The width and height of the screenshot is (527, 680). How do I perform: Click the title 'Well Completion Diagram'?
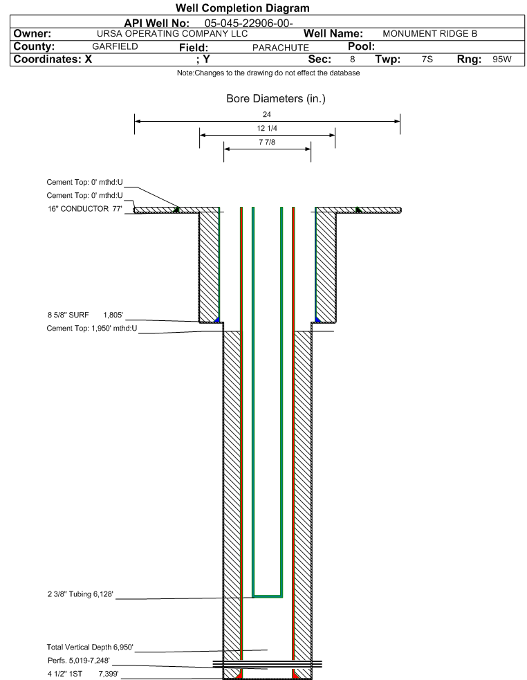point(243,8)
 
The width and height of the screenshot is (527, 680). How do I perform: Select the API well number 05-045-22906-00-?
point(249,23)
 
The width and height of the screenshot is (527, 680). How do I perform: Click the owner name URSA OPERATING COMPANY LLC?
point(172,34)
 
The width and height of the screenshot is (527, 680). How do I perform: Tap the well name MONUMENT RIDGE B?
point(430,34)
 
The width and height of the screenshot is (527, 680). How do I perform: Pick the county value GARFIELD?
point(115,46)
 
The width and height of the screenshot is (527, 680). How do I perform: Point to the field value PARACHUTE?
point(281,48)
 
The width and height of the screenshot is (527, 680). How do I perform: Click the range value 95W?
point(502,59)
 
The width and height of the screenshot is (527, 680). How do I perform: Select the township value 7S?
point(427,59)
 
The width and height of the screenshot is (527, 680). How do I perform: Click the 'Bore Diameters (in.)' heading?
point(276,98)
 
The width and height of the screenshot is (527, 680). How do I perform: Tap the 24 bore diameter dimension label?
point(267,115)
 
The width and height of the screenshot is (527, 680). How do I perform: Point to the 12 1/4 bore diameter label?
point(267,129)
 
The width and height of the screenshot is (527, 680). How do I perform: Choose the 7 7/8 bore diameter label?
point(267,143)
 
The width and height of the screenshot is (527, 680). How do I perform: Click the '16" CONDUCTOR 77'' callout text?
point(85,209)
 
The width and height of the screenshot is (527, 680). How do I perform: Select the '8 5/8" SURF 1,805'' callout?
point(85,315)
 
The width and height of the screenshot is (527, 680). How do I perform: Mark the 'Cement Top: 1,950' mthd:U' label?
point(91,329)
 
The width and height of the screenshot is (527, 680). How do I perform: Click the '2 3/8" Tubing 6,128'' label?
point(80,594)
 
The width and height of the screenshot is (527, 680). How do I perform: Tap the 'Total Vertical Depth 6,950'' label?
point(90,647)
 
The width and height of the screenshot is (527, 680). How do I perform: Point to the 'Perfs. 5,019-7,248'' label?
point(79,661)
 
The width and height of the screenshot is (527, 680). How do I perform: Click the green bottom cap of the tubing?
point(268,596)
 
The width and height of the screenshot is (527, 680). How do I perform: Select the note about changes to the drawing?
point(268,73)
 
